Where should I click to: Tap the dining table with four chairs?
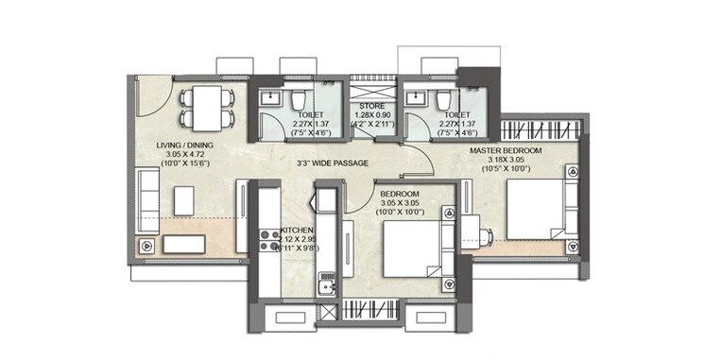pyautogui.click(x=206, y=106)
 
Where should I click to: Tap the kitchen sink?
pyautogui.click(x=327, y=284)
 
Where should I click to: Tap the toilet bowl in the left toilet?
pyautogui.click(x=296, y=100)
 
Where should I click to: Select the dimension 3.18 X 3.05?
pyautogui.click(x=510, y=160)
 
